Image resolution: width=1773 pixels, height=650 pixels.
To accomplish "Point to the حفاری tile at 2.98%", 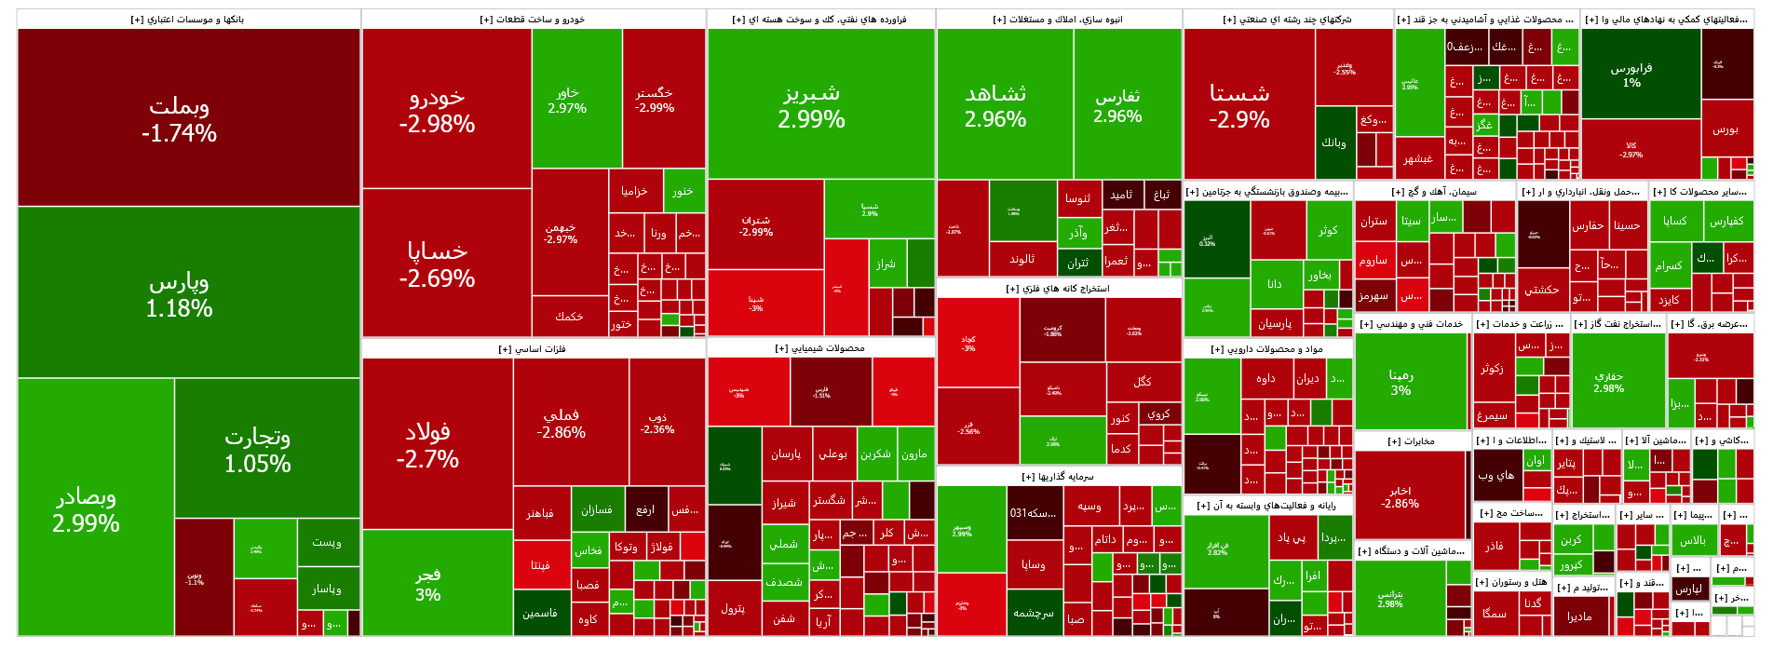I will click(1617, 382).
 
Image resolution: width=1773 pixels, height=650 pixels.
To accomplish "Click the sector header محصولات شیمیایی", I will click(820, 348).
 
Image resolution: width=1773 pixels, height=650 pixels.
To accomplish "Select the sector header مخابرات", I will click(1412, 441).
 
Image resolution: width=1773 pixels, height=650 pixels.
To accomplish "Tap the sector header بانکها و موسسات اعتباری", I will click(188, 20).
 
